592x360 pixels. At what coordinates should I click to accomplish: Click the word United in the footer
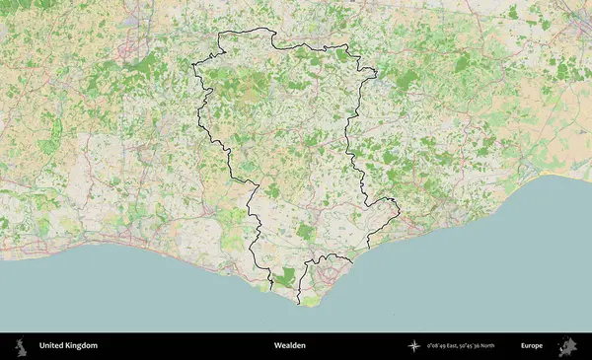coord(53,346)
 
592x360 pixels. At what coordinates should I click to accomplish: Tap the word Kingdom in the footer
coord(81,346)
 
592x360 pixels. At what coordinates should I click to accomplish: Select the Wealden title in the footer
coord(290,346)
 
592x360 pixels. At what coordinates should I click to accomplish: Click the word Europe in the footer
coord(532,346)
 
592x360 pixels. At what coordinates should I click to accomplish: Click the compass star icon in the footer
coord(414,346)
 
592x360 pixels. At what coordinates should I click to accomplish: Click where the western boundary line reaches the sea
coord(270,289)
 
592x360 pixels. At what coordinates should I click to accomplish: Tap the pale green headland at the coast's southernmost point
coord(311,301)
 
